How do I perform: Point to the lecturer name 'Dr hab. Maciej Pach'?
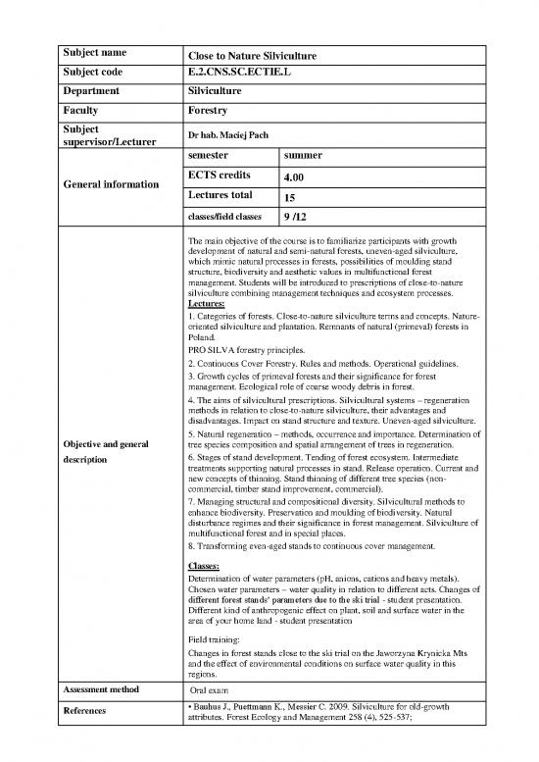[230, 135]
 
